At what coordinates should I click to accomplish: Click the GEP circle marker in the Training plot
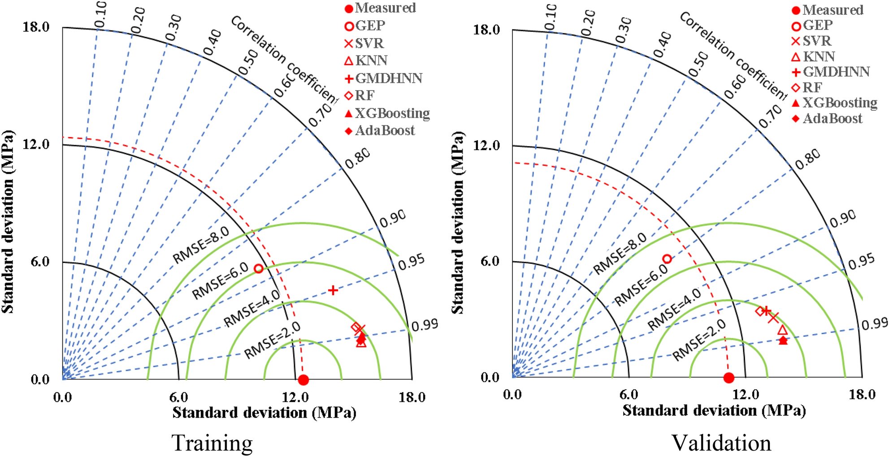click(x=258, y=268)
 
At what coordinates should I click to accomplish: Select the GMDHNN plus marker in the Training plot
click(x=333, y=290)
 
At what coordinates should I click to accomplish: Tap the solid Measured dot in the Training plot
click(x=304, y=379)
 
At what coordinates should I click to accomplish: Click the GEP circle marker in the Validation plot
click(x=667, y=259)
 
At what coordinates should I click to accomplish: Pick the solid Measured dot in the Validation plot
click(x=729, y=378)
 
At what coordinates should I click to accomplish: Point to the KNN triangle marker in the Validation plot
click(x=782, y=331)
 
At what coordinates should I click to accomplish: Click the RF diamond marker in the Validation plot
click(x=760, y=311)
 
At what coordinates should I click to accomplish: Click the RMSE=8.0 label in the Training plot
click(x=201, y=245)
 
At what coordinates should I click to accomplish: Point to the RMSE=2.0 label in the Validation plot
click(x=699, y=341)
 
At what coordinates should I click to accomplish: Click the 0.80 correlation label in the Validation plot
click(x=808, y=160)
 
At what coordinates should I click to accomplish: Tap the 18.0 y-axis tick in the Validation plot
click(x=486, y=30)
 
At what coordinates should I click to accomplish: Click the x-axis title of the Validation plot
click(x=714, y=410)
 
